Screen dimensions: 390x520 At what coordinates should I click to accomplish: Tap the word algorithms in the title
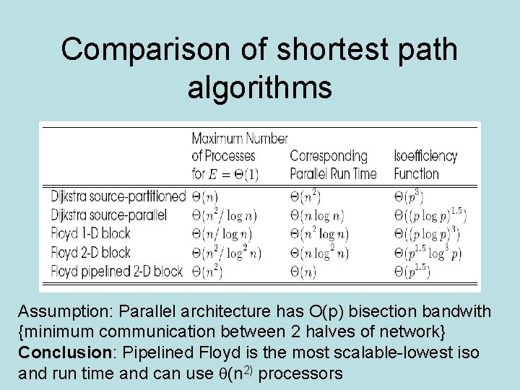click(259, 87)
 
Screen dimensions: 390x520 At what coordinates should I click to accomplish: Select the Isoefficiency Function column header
click(425, 165)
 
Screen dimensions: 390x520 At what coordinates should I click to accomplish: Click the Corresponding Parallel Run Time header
click(333, 165)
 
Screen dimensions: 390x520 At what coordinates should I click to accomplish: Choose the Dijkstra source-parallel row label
click(109, 214)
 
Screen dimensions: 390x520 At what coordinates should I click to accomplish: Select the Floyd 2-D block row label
click(90, 252)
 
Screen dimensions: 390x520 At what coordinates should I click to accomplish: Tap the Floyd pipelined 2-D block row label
click(117, 271)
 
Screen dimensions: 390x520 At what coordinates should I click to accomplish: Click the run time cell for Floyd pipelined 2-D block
click(308, 272)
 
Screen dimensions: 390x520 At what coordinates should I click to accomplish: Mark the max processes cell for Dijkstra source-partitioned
click(205, 196)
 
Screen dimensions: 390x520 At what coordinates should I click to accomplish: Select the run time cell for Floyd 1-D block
click(319, 234)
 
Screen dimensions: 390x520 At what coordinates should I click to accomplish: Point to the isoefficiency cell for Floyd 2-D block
click(428, 252)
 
